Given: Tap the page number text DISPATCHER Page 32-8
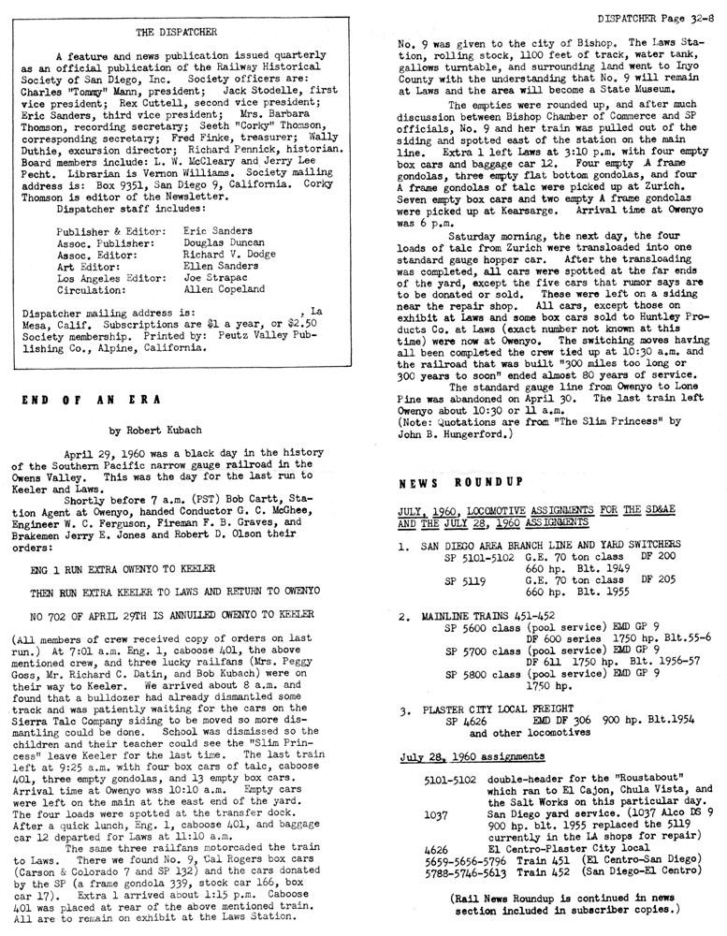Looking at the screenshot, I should point(654,16).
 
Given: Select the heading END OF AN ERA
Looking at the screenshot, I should point(92,399).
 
